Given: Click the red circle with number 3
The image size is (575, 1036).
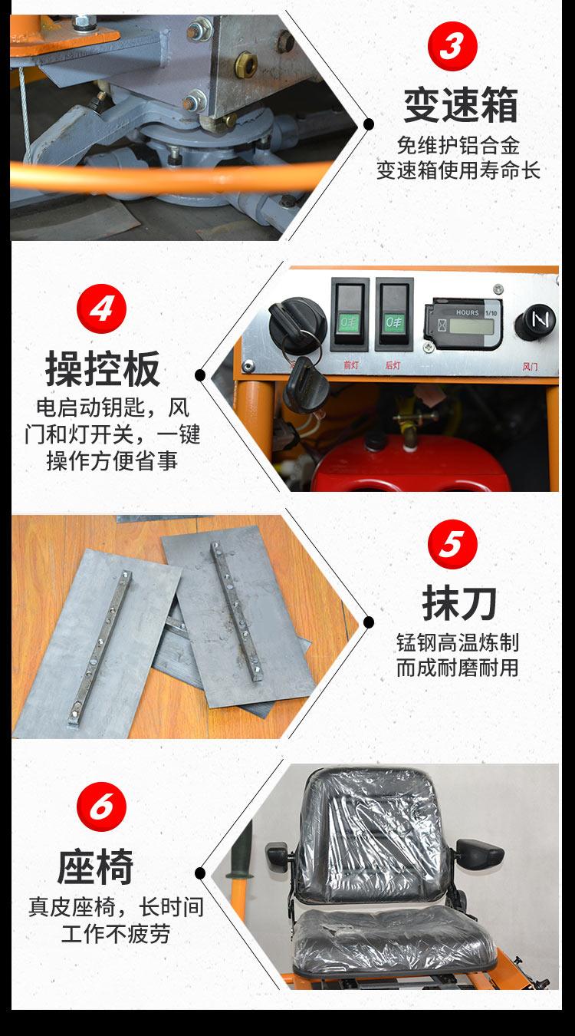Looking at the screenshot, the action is tap(452, 46).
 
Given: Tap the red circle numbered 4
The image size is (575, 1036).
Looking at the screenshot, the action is tap(101, 308).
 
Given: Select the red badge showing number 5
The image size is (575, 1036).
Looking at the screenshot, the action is tap(452, 544).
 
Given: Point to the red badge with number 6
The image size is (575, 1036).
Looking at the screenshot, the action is tap(101, 807).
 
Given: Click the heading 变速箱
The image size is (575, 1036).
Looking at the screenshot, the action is tap(460, 105).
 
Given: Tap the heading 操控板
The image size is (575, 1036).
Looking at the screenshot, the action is tap(103, 368).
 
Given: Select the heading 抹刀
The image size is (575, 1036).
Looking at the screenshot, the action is tap(459, 603).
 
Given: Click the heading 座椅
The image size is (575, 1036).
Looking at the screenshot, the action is tap(96, 866).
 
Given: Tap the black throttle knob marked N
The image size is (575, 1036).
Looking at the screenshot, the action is tap(536, 320).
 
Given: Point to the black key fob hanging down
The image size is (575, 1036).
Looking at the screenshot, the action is tap(304, 384).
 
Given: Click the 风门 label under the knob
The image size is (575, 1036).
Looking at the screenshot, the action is tap(530, 367).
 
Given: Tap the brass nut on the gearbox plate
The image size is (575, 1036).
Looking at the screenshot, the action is tap(246, 64).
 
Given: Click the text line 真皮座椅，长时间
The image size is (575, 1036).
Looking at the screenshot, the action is tap(116, 907).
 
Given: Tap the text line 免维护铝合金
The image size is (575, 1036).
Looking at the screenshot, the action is tap(458, 146).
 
